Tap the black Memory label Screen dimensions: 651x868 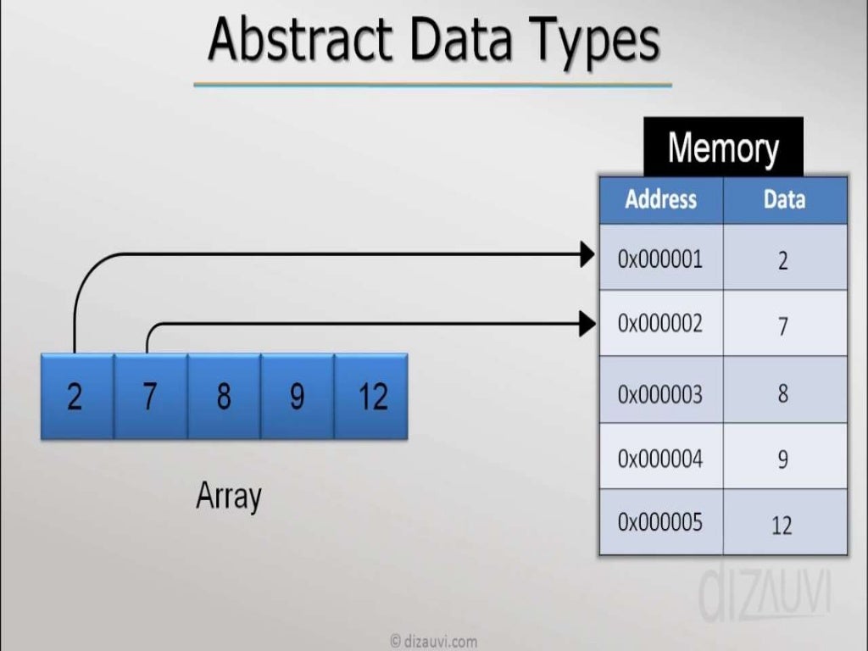point(723,147)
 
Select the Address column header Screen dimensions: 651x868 point(660,200)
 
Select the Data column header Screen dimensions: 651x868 point(784,200)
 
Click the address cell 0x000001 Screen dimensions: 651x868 point(660,258)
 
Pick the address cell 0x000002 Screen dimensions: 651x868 point(660,323)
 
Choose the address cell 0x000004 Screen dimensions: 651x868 point(660,459)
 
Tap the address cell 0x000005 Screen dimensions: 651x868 point(660,522)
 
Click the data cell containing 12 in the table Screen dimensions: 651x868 point(782,525)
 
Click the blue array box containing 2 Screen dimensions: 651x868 point(76,396)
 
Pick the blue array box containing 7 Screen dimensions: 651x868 point(150,396)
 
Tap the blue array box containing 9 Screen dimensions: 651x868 point(297,396)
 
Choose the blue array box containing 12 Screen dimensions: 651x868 point(371,396)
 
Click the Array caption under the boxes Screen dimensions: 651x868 point(229,497)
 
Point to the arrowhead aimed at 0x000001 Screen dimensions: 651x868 point(587,253)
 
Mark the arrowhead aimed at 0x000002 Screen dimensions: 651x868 point(587,323)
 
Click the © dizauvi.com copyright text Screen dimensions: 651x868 point(433,641)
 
